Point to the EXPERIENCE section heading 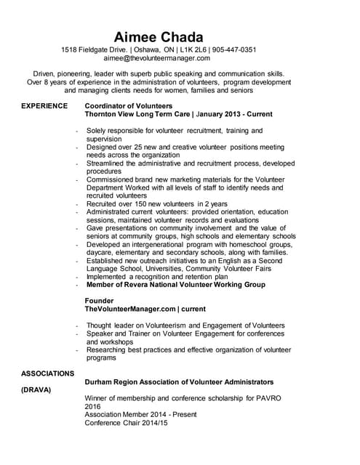(46, 106)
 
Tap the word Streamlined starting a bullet (110, 163)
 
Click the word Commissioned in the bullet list (113, 179)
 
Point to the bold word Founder (100, 300)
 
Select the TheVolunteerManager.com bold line (145, 309)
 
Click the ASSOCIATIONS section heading (47, 373)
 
